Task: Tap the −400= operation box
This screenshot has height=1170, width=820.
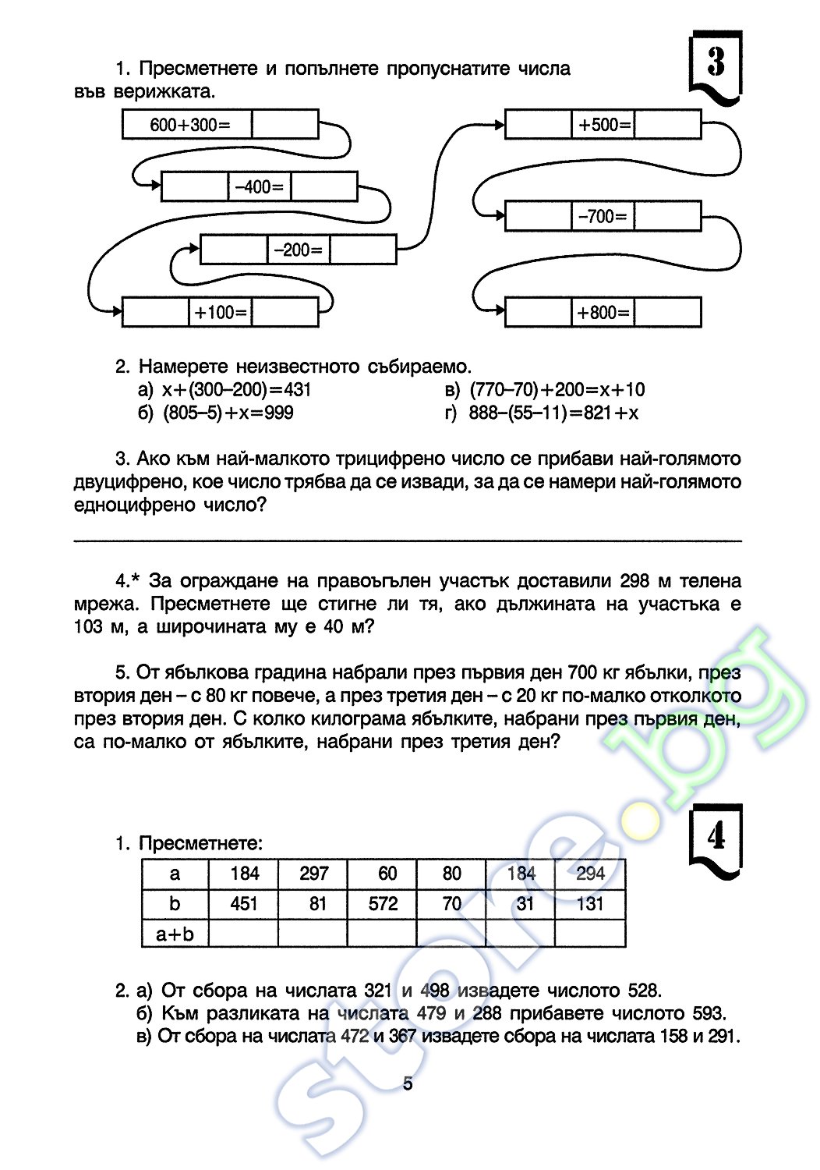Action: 260,187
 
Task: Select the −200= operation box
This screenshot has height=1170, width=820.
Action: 299,250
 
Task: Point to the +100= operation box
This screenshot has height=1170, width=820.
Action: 221,312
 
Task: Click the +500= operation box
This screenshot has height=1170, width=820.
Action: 603,125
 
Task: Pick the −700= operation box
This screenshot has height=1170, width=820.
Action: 603,217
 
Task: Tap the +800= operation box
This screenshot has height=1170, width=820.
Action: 603,313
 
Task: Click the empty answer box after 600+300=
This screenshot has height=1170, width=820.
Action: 285,125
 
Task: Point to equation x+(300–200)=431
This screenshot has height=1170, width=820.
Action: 236,389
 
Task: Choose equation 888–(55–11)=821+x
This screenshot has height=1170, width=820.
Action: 553,413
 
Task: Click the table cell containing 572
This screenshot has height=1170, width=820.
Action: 383,903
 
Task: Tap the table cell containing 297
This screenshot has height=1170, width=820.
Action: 313,873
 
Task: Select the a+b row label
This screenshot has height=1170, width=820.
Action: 175,934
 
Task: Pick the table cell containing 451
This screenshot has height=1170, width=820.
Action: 244,903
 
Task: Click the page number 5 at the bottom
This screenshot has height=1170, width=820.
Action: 408,1083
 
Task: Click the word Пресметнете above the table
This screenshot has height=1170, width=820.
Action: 200,843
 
